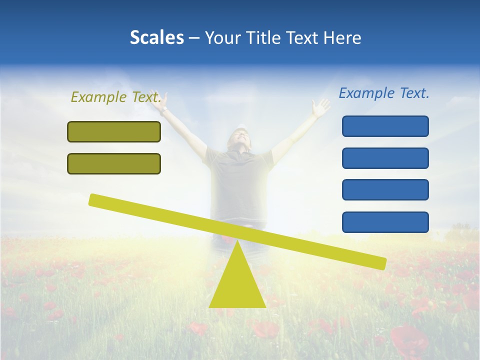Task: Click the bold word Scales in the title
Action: (x=156, y=37)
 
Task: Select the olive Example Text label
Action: (x=116, y=97)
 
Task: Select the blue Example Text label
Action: (x=384, y=93)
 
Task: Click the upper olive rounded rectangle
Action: (x=114, y=131)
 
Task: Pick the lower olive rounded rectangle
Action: (x=114, y=163)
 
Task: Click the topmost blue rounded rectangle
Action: (x=385, y=126)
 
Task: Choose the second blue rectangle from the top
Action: (x=385, y=158)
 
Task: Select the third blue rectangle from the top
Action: (x=385, y=189)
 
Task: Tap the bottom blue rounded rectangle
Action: (x=385, y=222)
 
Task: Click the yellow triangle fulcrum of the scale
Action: (x=237, y=285)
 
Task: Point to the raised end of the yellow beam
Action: (x=95, y=199)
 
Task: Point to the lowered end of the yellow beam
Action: (x=380, y=262)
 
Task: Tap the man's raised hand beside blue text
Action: (x=319, y=106)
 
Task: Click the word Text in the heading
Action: (x=304, y=37)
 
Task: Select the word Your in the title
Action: (x=222, y=37)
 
